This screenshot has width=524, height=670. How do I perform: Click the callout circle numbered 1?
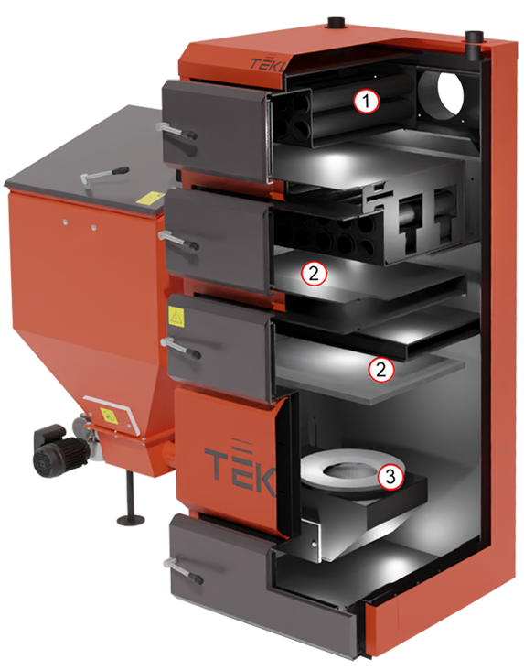(x=366, y=102)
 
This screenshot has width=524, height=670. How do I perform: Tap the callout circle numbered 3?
(x=390, y=476)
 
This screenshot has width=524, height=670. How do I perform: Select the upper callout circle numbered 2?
(x=314, y=274)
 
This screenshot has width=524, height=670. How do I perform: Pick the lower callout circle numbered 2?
(x=381, y=369)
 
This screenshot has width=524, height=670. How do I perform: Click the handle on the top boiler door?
(x=176, y=130)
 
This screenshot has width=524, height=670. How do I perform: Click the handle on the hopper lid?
(x=103, y=175)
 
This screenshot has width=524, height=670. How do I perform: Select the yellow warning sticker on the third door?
(x=176, y=317)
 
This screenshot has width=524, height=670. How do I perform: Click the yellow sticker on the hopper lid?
(x=150, y=200)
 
